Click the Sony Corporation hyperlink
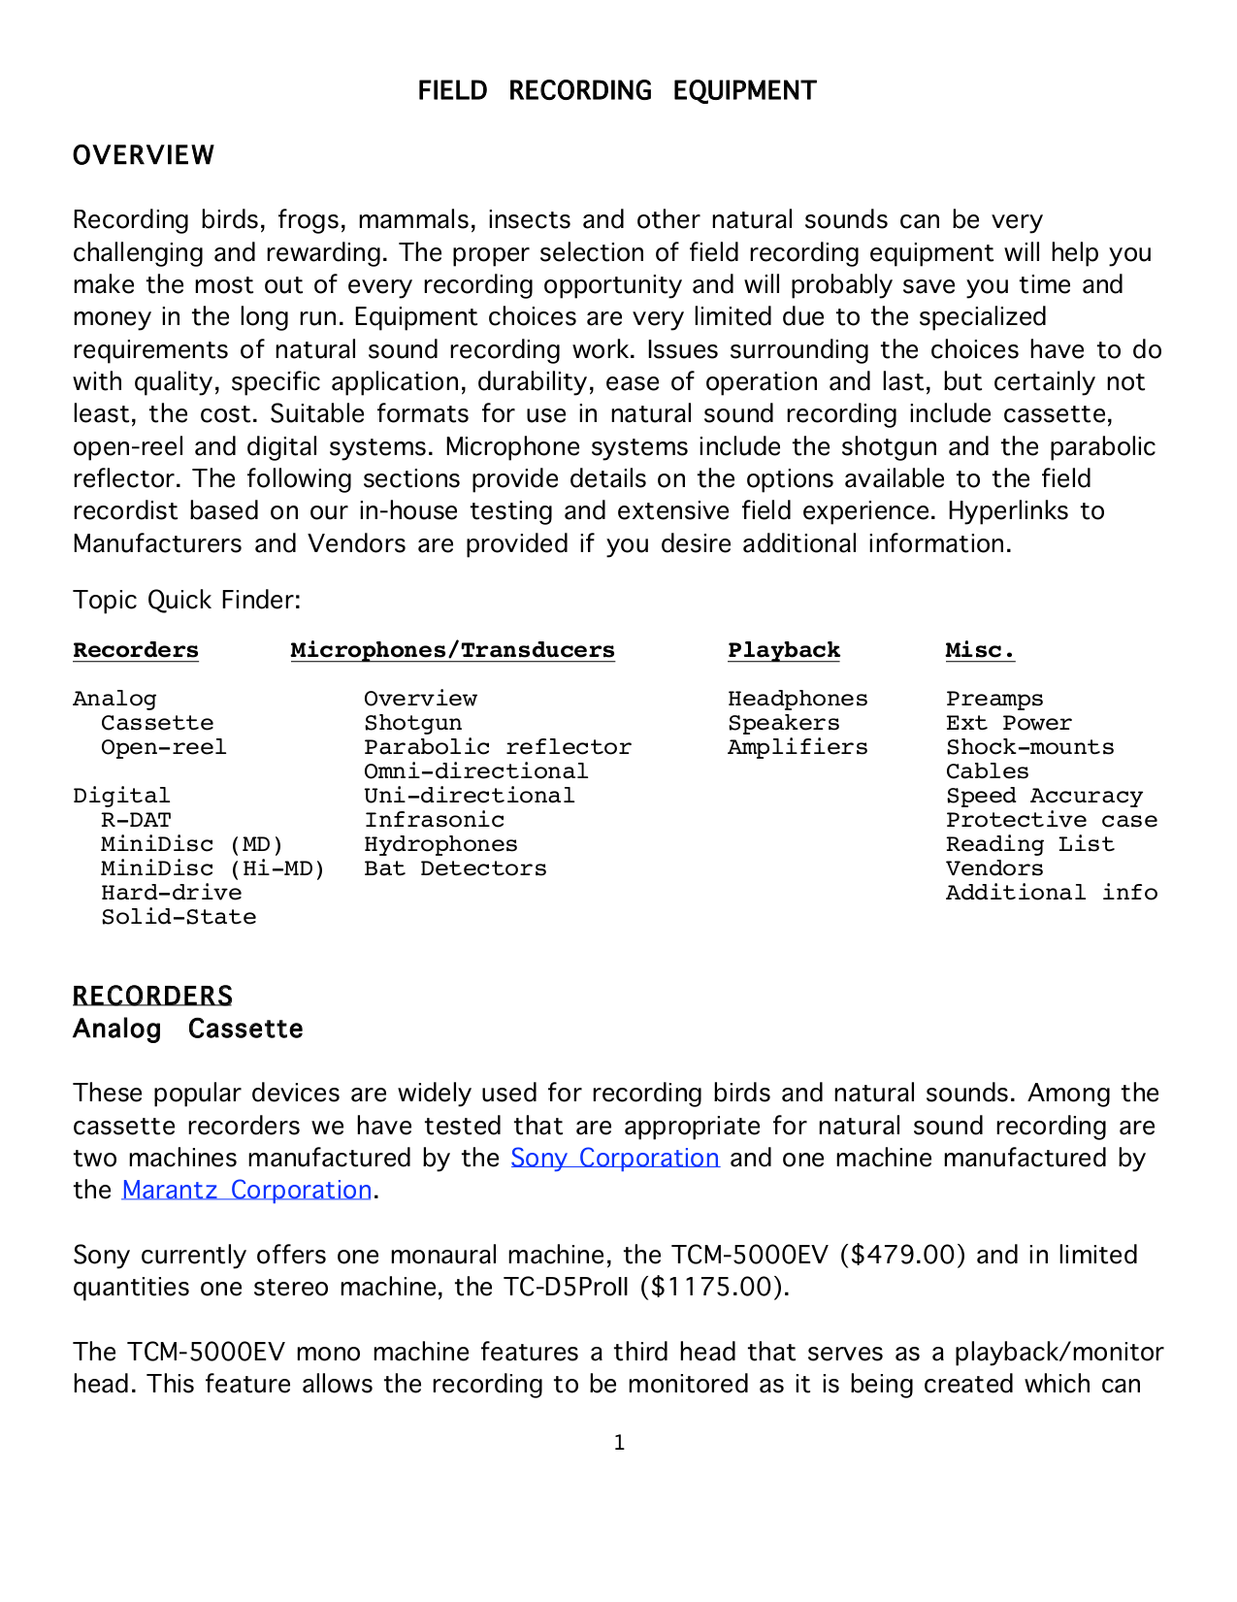coord(614,1158)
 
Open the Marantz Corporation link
coord(246,1190)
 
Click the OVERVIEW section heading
coord(144,155)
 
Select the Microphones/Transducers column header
coord(452,650)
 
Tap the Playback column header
coord(784,650)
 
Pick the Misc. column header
coord(980,650)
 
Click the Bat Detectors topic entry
coord(455,868)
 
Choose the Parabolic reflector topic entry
coord(498,747)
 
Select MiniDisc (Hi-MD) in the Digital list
coord(212,868)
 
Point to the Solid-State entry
coord(179,917)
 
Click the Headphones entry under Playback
coord(798,699)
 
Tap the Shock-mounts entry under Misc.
coord(1029,747)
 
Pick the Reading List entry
coord(1029,844)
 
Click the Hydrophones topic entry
coord(440,844)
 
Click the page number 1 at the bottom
coord(619,1443)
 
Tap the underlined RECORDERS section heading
coord(152,997)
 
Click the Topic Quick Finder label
coord(186,600)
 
